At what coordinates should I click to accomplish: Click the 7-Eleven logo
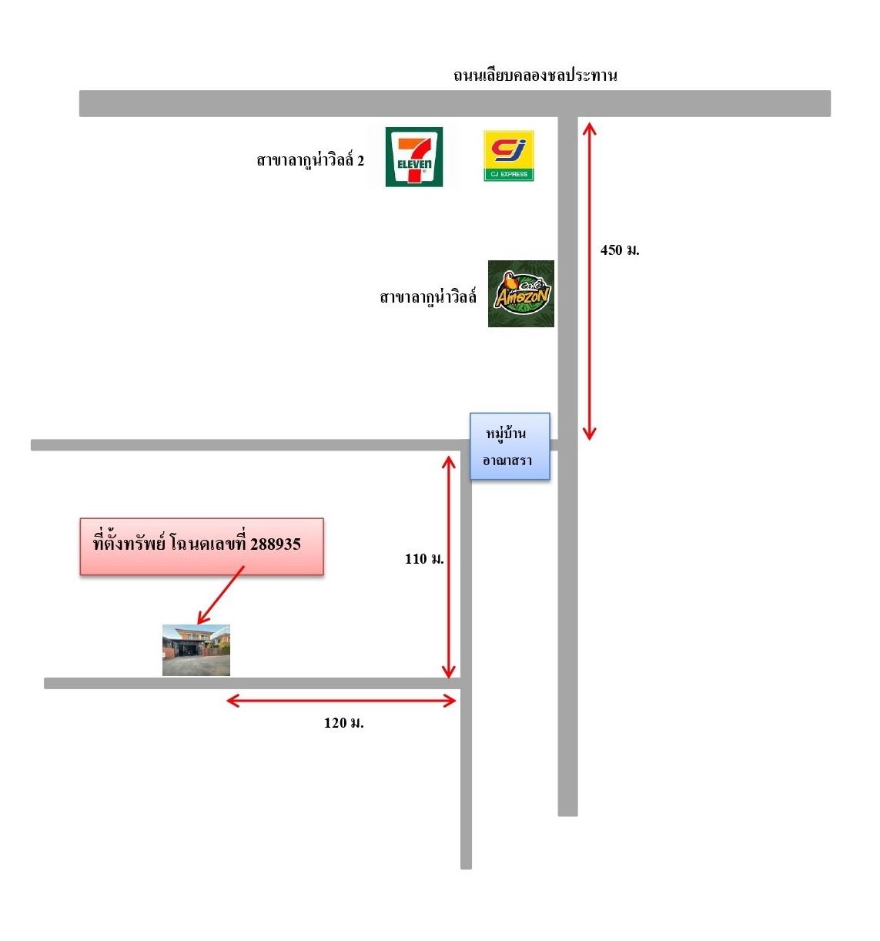(x=413, y=156)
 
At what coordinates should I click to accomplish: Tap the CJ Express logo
(x=508, y=156)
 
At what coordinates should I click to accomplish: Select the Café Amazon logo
(x=520, y=293)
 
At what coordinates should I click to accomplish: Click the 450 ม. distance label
(x=619, y=250)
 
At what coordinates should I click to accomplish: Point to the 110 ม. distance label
(x=424, y=558)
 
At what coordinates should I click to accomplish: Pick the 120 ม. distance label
(x=343, y=722)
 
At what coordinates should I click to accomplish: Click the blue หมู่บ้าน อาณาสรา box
(x=510, y=446)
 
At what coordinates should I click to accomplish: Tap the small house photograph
(x=196, y=650)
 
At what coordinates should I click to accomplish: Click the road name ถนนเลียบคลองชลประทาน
(x=535, y=75)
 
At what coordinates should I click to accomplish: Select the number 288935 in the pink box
(x=276, y=544)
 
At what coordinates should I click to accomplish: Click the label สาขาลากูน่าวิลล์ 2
(x=310, y=160)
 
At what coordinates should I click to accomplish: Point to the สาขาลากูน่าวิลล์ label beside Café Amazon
(x=428, y=297)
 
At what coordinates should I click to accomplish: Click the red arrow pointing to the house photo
(x=221, y=594)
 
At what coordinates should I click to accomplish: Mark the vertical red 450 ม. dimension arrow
(x=589, y=281)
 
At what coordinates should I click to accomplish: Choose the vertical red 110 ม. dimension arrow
(x=448, y=568)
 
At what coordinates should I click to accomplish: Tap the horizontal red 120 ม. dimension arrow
(x=341, y=701)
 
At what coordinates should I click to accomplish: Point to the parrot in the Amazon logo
(x=511, y=284)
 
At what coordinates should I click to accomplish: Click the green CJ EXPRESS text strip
(x=508, y=174)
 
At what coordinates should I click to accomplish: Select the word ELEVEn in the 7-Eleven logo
(x=414, y=165)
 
